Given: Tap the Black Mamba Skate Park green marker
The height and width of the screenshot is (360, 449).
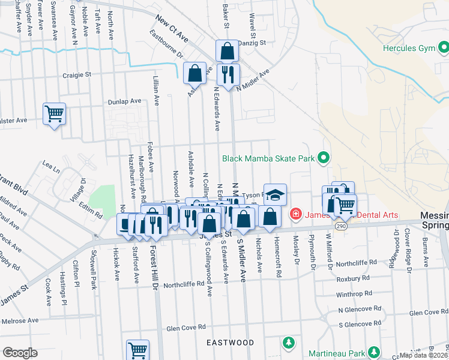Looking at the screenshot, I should click(324, 158).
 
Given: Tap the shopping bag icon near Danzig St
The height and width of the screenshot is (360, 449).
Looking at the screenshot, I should click(228, 51).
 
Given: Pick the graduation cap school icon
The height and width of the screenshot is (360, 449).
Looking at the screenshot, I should click(275, 194).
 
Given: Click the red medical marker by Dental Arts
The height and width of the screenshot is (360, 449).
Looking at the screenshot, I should click(295, 214).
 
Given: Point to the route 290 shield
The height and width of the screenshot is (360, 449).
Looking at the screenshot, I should click(341, 226).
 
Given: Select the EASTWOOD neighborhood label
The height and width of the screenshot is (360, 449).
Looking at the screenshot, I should click(231, 343).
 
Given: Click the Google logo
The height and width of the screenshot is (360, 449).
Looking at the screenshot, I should click(20, 352).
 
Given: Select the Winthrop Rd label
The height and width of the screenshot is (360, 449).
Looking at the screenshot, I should click(354, 294).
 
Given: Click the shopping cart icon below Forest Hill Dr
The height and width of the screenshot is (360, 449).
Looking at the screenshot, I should click(137, 350).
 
